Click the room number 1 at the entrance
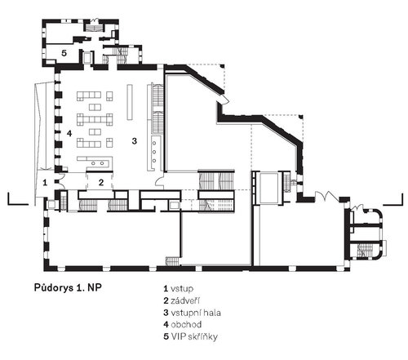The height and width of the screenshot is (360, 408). pos(45,182)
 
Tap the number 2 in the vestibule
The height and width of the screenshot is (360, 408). pos(101,182)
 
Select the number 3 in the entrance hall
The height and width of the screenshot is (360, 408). pos(134,141)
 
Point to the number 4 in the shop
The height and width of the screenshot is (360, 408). pos(69,133)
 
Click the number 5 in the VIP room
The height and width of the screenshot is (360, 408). pos(64,53)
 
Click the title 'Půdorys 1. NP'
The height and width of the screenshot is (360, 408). pos(68,288)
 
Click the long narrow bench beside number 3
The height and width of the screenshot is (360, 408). pos(130,102)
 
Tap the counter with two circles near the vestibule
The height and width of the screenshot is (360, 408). pos(98,163)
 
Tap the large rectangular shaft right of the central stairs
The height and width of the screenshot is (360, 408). pos(269,188)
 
